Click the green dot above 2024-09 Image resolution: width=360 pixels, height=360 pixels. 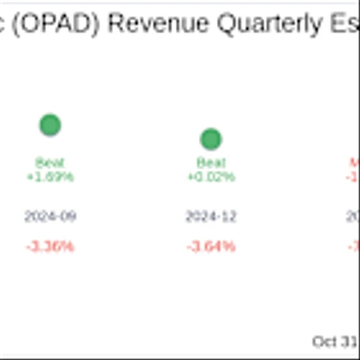(50, 125)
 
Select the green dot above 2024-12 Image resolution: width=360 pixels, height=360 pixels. (210, 139)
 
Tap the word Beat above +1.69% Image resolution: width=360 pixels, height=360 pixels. (50, 163)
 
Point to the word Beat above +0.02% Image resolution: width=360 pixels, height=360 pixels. (211, 163)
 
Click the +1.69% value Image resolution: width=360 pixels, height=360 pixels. (50, 176)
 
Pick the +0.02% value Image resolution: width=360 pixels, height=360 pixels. (211, 176)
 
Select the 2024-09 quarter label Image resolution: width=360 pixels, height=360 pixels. (50, 217)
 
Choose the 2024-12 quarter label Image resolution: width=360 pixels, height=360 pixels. (211, 217)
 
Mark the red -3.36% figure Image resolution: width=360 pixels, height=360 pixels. (50, 247)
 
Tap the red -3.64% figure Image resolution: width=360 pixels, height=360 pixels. (211, 247)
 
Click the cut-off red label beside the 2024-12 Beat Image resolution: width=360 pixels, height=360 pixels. (354, 163)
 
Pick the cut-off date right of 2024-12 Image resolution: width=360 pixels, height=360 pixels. (354, 217)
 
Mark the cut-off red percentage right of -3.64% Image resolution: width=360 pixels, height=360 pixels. (354, 247)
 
